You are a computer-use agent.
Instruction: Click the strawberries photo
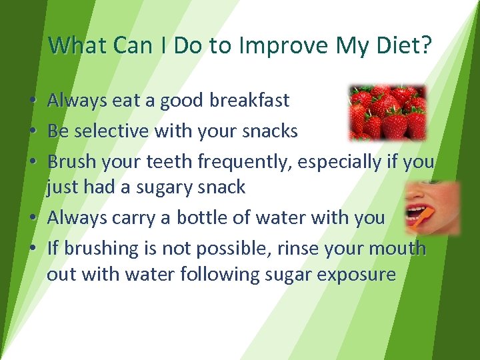click(387, 112)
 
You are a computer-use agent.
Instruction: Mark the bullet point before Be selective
click(33, 132)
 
